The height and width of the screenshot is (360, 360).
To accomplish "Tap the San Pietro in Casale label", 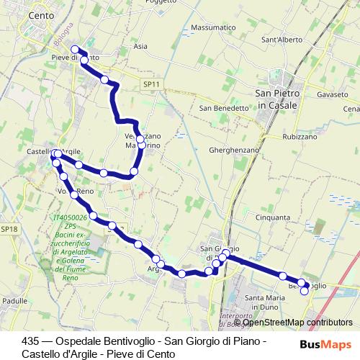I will [x=280, y=99].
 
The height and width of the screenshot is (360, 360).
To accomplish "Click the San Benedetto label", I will [x=223, y=108].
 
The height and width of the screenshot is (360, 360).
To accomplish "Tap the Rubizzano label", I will [x=301, y=137].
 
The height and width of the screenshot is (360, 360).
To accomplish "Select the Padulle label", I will [x=15, y=300].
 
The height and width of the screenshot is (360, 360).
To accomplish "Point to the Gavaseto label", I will [x=332, y=94].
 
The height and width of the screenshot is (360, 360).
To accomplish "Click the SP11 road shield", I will [x=150, y=84].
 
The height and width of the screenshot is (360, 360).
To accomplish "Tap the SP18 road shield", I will [x=8, y=229].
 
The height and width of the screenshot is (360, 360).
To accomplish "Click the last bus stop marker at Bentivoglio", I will [x=305, y=291].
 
